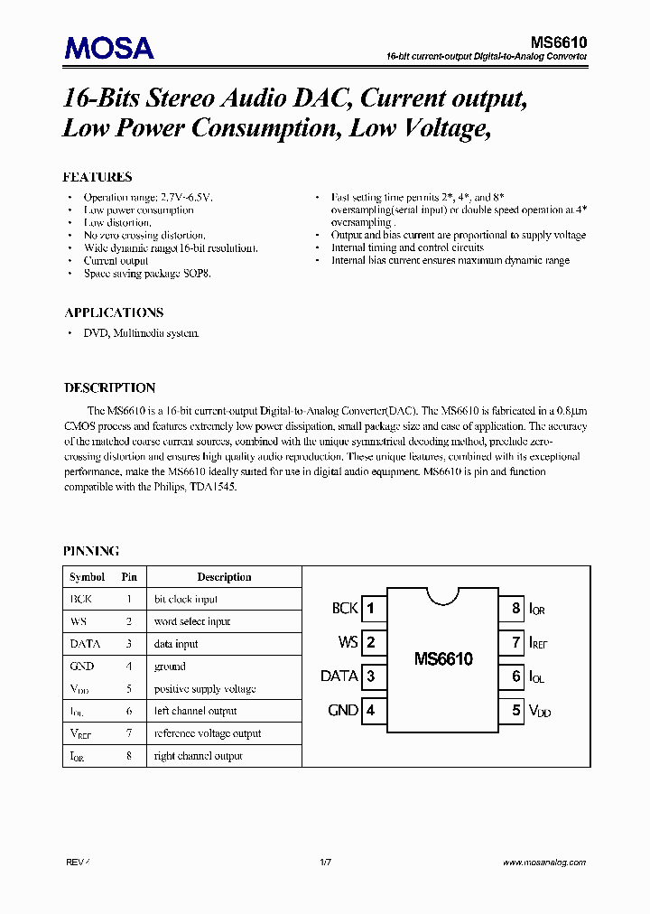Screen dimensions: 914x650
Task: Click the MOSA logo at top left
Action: [108, 47]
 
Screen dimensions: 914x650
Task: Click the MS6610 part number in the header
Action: [558, 42]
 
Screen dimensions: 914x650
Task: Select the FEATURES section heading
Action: [97, 177]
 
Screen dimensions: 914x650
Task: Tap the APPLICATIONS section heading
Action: [114, 312]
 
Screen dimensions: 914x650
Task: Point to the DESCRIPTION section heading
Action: [109, 387]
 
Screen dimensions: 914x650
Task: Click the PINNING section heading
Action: [90, 550]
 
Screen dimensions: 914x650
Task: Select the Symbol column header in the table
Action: [88, 577]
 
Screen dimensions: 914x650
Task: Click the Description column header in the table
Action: [224, 577]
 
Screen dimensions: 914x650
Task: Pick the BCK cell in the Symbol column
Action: [80, 599]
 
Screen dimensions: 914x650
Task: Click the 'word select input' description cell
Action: [192, 621]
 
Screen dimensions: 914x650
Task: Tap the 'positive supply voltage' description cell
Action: [205, 689]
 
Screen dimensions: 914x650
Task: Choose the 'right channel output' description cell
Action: [199, 756]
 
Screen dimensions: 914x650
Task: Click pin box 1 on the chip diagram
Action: [371, 608]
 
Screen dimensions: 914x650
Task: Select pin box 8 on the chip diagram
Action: [515, 608]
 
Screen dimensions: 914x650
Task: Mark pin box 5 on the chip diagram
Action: [515, 710]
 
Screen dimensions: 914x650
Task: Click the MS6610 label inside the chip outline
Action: [443, 659]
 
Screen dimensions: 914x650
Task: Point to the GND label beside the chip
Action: [343, 710]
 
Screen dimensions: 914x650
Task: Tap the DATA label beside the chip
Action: [339, 676]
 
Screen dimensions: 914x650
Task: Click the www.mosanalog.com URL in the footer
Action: [544, 863]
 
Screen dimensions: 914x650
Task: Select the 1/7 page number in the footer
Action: [326, 863]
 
